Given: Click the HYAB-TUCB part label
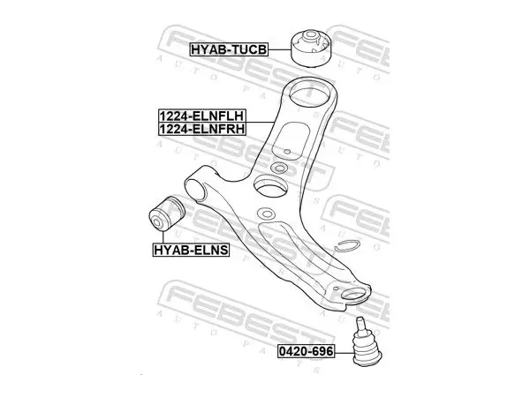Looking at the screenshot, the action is pos(229,49).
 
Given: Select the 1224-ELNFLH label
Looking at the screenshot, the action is pos(202,116).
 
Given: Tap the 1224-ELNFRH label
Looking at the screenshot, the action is pos(202,129).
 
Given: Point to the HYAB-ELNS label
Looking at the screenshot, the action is pos(191,251).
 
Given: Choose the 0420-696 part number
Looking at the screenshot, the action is pos(306,351).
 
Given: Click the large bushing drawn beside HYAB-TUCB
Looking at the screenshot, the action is pos(312,48).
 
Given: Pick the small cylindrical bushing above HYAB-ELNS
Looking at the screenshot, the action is pos(167,213).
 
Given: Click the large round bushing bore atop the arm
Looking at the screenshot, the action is pos(310,94).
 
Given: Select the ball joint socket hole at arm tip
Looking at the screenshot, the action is pos(354,294).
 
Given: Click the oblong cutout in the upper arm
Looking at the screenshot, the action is pos(291,140).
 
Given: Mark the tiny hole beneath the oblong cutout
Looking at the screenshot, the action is pos(287,151).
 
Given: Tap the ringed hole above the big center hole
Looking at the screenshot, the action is pos(279,168).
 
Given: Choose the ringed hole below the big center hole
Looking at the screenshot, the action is pos(267,213).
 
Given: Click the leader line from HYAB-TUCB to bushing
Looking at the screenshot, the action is pos(279,49).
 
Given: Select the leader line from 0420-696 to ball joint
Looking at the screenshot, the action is pos(344,353).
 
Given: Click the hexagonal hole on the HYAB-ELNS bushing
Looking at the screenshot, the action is pos(158,223).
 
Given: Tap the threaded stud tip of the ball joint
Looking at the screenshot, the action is pos(361,319).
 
